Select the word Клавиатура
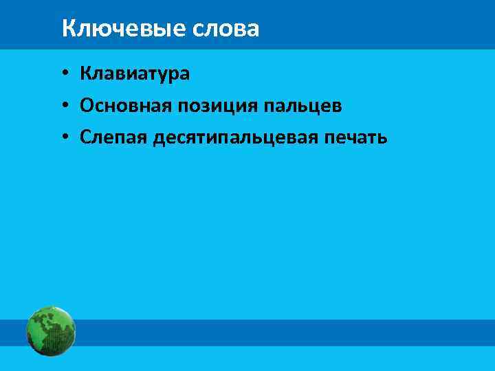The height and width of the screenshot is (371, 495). pyautogui.click(x=134, y=72)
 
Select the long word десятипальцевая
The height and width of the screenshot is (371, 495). pyautogui.click(x=235, y=138)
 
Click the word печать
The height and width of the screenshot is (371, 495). pyautogui.click(x=357, y=137)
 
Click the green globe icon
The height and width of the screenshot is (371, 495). pyautogui.click(x=50, y=331)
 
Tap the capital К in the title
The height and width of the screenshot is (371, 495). pyautogui.click(x=68, y=29)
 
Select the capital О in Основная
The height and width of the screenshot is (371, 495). pyautogui.click(x=86, y=105)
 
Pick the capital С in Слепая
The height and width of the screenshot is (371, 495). pyautogui.click(x=85, y=137)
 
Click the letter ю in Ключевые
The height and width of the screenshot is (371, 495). pyautogui.click(x=96, y=30)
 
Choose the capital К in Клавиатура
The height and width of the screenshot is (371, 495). pyautogui.click(x=85, y=72)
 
